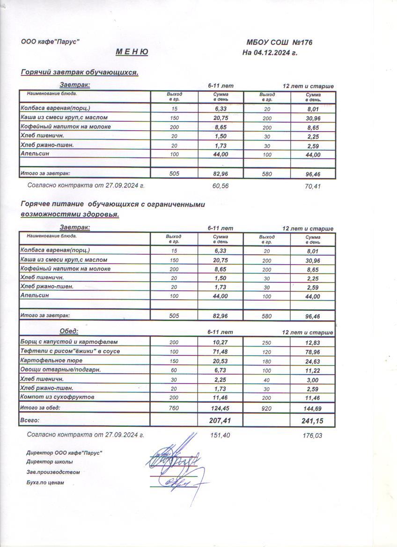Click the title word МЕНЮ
[132, 52]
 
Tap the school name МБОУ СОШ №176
[279, 43]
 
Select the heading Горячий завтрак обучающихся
[80, 73]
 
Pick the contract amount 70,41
[313, 186]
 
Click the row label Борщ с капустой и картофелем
[69, 342]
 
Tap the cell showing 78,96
[313, 352]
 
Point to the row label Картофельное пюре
[51, 361]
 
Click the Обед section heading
[69, 332]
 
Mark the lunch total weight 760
[174, 408]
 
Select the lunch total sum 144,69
[313, 409]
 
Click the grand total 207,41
[220, 421]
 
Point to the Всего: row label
[30, 421]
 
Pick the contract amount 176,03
[313, 436]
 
